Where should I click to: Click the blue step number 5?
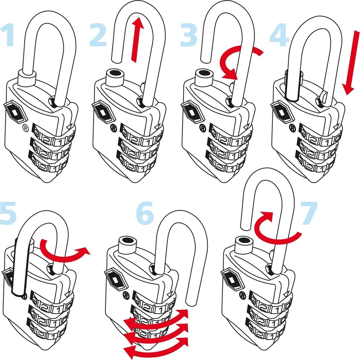pos(8,213)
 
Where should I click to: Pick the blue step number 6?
pos(145,213)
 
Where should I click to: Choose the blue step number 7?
pos(309,213)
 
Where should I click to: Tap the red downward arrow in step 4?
pos(352,63)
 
